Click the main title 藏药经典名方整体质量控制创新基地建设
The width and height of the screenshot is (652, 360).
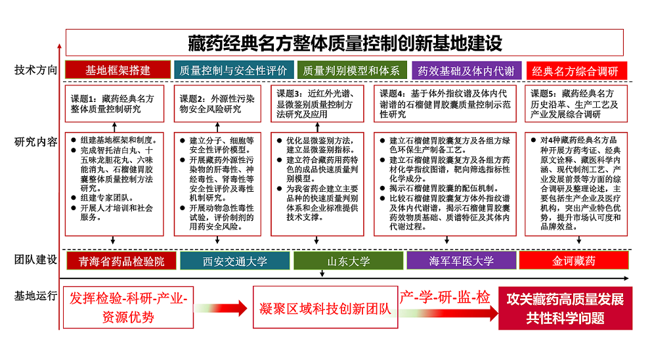click(345, 43)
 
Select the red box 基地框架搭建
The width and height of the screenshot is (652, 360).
click(118, 70)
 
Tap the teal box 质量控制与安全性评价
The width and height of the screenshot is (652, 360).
click(234, 70)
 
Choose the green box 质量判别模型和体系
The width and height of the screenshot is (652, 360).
click(351, 70)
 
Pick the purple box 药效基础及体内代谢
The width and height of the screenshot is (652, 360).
click(466, 71)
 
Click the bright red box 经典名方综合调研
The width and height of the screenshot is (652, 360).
click(576, 71)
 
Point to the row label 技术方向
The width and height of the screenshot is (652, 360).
click(35, 70)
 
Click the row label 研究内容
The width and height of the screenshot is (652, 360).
click(35, 142)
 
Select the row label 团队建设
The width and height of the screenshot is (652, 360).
click(35, 259)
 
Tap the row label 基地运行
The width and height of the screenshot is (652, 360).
click(35, 296)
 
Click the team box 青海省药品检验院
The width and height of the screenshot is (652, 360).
click(121, 261)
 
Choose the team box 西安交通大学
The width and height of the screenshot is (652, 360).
click(235, 261)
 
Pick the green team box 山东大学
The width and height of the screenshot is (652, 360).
click(349, 261)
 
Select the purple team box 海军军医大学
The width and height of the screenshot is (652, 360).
click(462, 261)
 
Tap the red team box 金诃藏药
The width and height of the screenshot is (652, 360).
click(574, 261)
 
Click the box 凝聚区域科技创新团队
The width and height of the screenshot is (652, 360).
click(325, 307)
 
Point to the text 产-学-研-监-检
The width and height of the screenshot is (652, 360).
click(445, 297)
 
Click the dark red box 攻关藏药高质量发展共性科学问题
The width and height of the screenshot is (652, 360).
click(565, 308)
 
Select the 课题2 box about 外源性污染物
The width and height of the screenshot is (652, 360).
click(217, 104)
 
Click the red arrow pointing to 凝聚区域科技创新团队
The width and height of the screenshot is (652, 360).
click(221, 308)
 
